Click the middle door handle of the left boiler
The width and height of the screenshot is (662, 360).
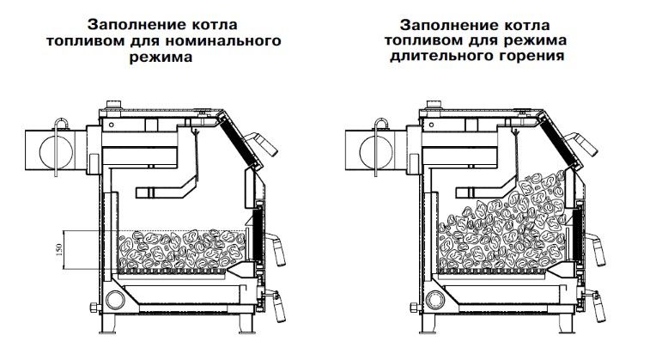tap(280, 249)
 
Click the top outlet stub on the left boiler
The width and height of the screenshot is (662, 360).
tap(112, 107)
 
